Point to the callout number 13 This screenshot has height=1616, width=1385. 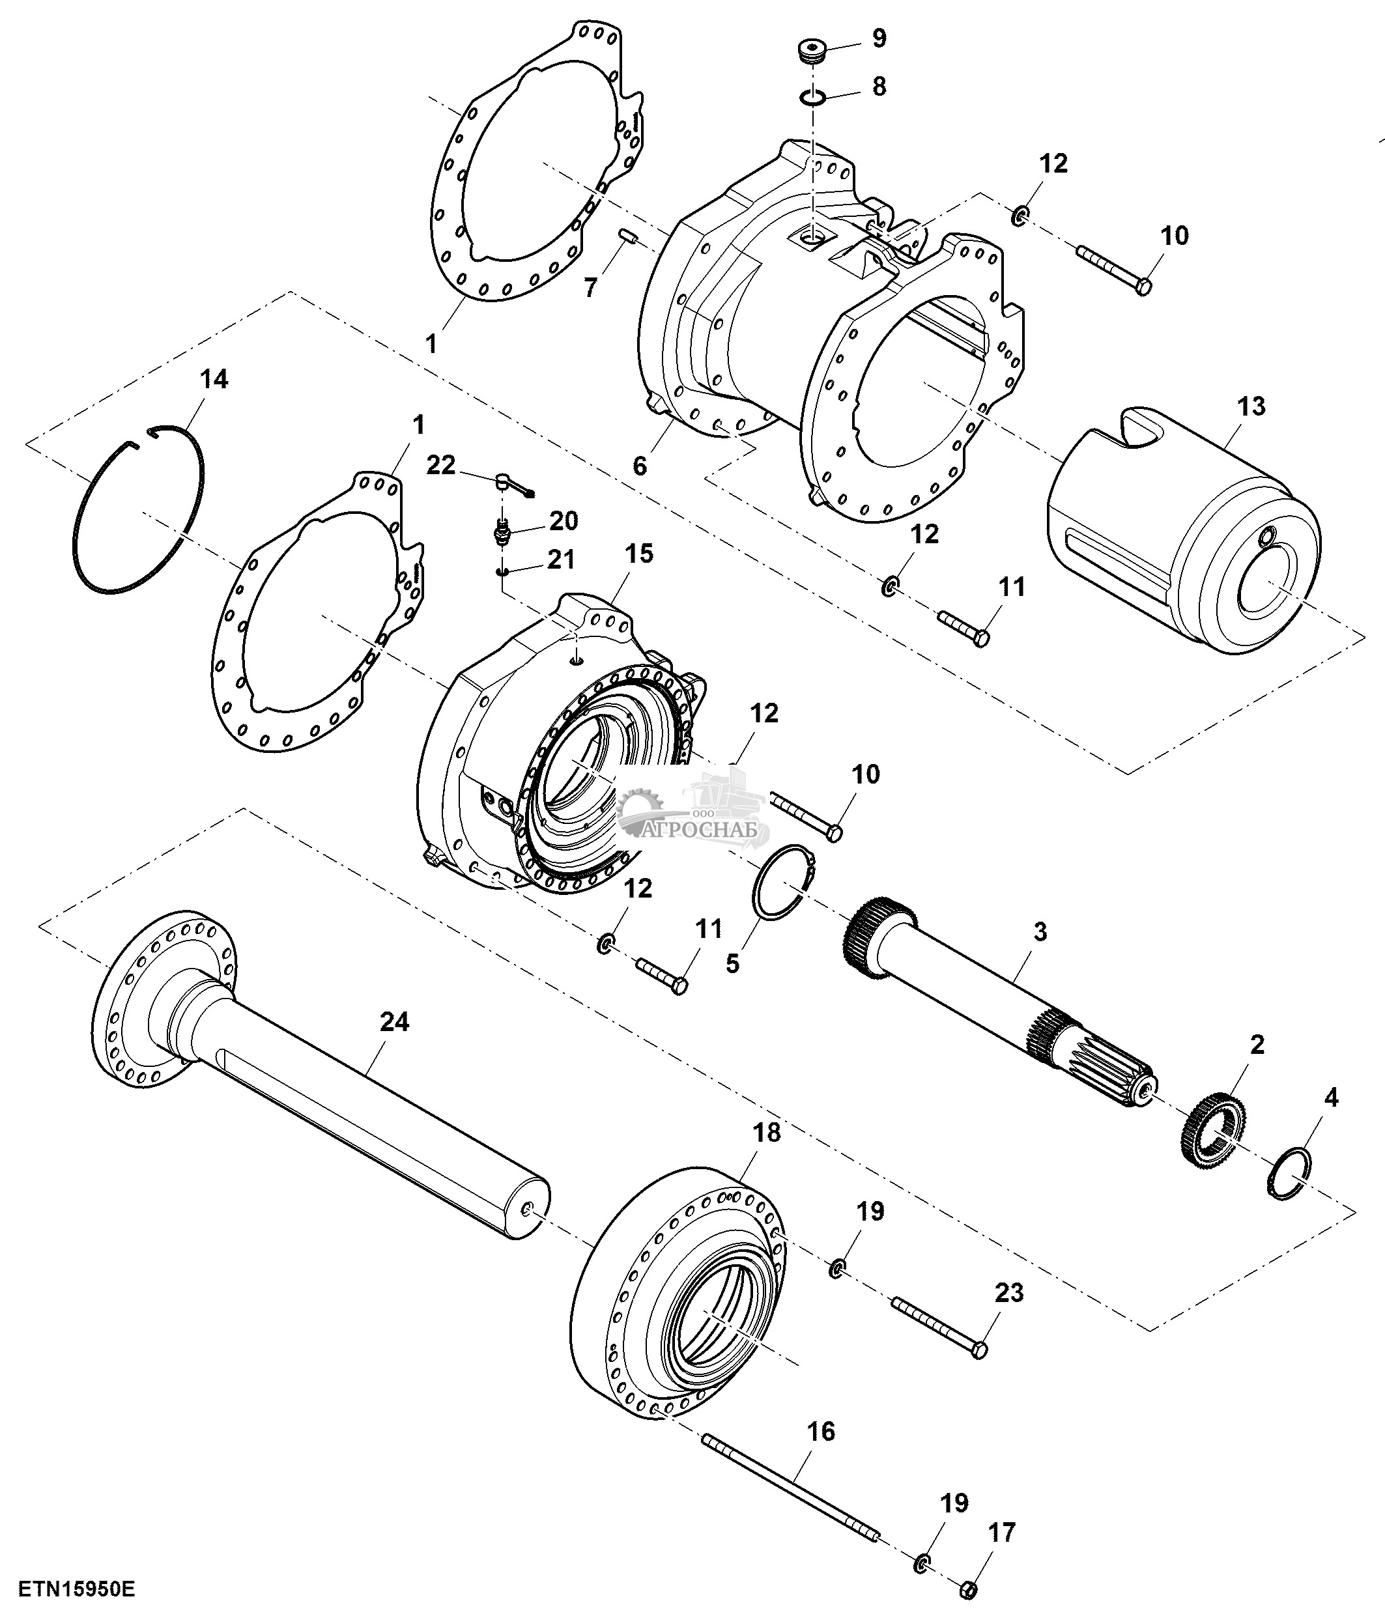(x=1251, y=406)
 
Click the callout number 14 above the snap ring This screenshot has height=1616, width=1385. (x=214, y=379)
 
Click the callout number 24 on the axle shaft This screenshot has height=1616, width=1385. (x=394, y=1022)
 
